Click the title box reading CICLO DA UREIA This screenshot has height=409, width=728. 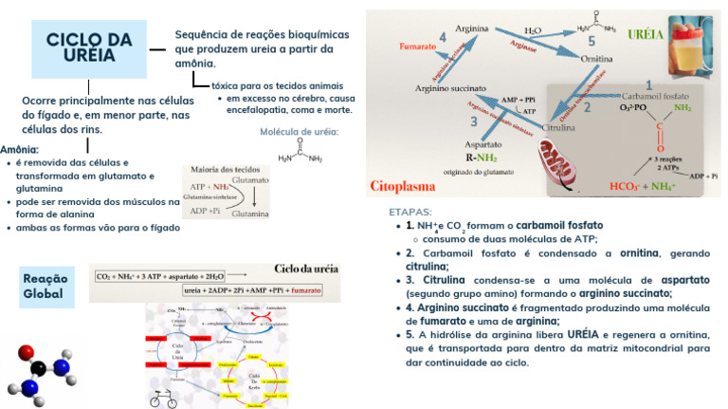[89, 46]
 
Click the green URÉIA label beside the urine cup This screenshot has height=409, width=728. [646, 35]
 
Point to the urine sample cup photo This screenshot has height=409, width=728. [694, 46]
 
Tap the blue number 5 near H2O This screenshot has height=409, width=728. [591, 42]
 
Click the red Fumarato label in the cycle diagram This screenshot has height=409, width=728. [418, 46]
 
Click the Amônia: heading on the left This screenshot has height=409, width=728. [20, 150]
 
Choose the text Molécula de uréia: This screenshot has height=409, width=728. [300, 131]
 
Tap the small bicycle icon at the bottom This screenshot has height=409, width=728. [163, 400]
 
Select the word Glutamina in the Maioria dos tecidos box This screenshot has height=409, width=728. [250, 214]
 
